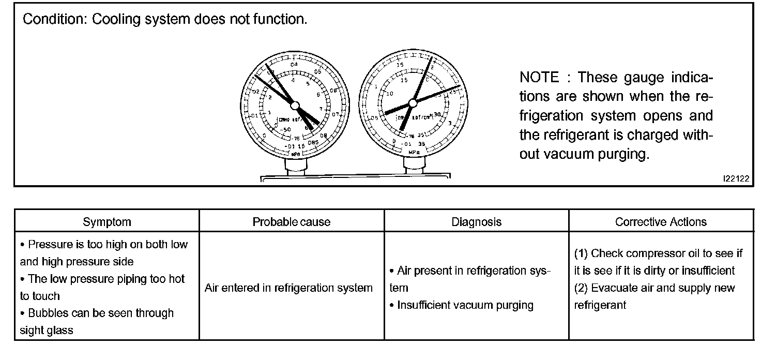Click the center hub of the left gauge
(x=295, y=106)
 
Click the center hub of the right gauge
(x=414, y=101)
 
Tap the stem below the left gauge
(x=295, y=168)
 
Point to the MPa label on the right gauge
(x=414, y=152)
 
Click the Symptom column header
(x=107, y=222)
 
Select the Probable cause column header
(x=292, y=222)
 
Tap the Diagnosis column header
(x=476, y=222)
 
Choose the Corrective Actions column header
(x=661, y=222)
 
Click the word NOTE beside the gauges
(x=539, y=78)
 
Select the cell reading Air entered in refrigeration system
(x=288, y=288)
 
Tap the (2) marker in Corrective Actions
(x=581, y=288)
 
